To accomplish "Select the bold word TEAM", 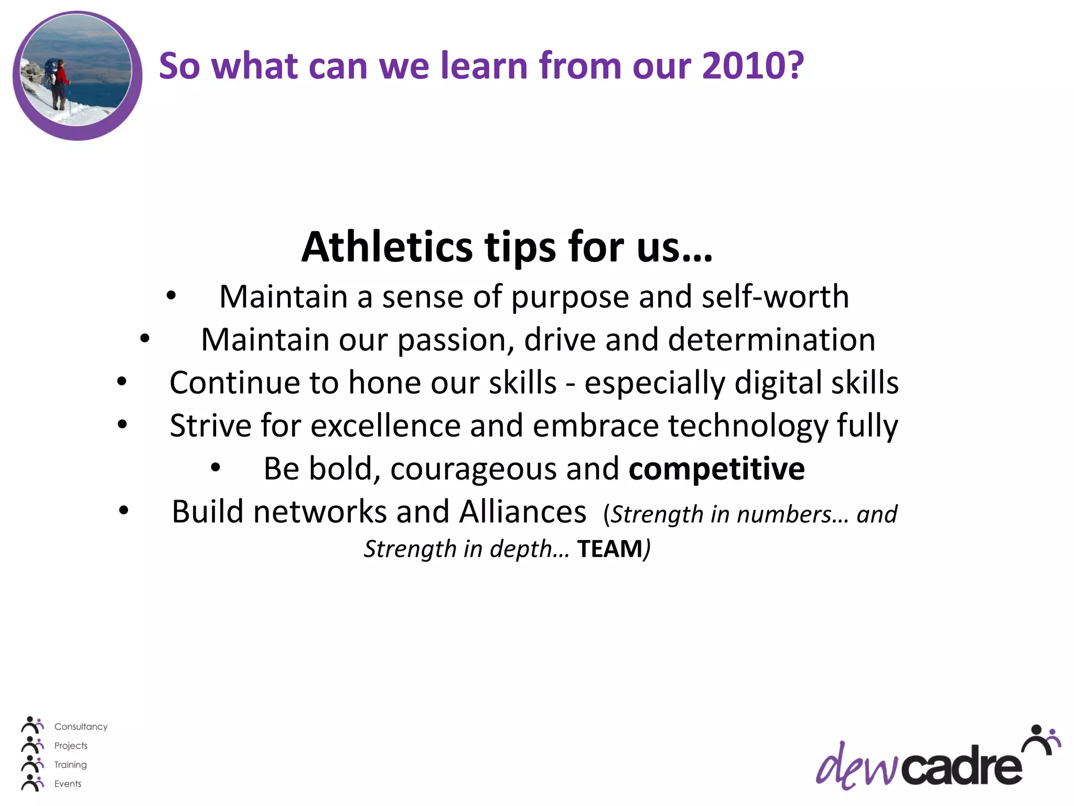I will pyautogui.click(x=609, y=549).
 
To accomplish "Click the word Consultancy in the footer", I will pyautogui.click(x=81, y=727).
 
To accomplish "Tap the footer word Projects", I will pyautogui.click(x=71, y=746).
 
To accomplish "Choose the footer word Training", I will pyautogui.click(x=70, y=765).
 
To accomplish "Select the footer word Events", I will pyautogui.click(x=68, y=783).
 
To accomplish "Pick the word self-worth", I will pyautogui.click(x=775, y=297).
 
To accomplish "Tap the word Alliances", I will pyautogui.click(x=522, y=512).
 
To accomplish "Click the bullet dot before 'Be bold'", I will pyautogui.click(x=216, y=468).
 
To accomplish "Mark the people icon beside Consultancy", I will pyautogui.click(x=33, y=725).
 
